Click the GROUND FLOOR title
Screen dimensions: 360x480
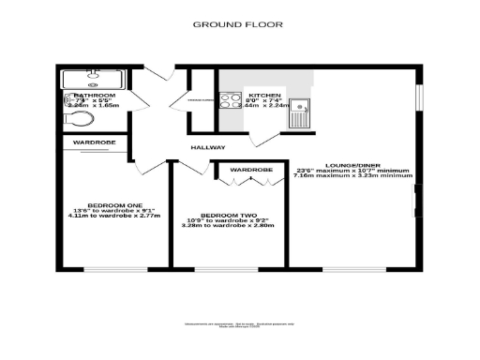click(239, 24)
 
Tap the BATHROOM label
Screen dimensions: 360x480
click(95, 96)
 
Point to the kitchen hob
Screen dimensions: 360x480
click(231, 101)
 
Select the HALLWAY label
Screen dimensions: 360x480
click(208, 148)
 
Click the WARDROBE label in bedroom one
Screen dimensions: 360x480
click(95, 142)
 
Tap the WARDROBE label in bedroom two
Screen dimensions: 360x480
click(251, 170)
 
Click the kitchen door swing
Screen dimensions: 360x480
click(267, 139)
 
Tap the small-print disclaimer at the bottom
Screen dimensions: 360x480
click(239, 325)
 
